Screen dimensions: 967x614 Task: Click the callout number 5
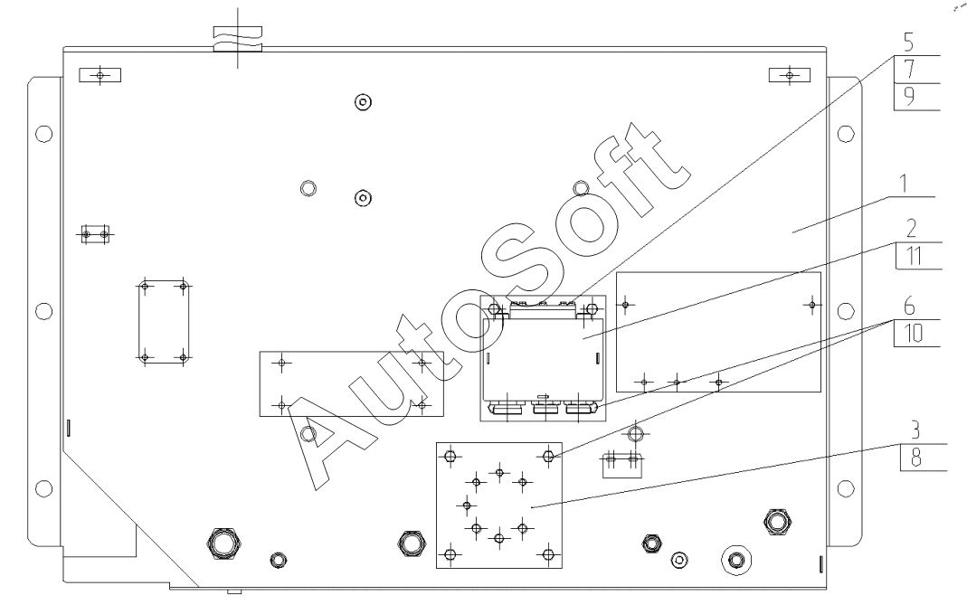pos(908,43)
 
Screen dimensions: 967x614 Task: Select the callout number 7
pos(909,69)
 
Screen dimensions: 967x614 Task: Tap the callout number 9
pos(909,96)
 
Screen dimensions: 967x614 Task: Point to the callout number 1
pos(904,184)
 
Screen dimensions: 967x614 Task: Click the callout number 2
pos(911,229)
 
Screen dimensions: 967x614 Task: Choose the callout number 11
pos(914,255)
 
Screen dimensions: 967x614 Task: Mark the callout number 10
pos(914,334)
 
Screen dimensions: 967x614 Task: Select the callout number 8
pos(915,458)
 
